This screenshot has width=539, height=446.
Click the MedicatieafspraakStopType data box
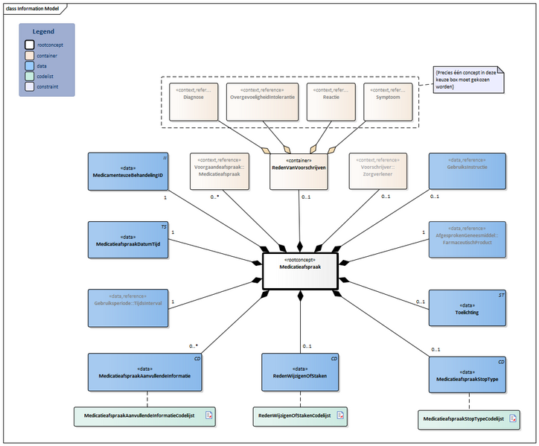[468, 376]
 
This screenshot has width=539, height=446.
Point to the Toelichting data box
[468, 308]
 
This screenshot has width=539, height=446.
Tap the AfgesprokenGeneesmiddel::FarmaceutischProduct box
[468, 239]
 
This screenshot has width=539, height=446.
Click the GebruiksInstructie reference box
[468, 171]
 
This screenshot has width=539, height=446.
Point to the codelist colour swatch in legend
[30, 76]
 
